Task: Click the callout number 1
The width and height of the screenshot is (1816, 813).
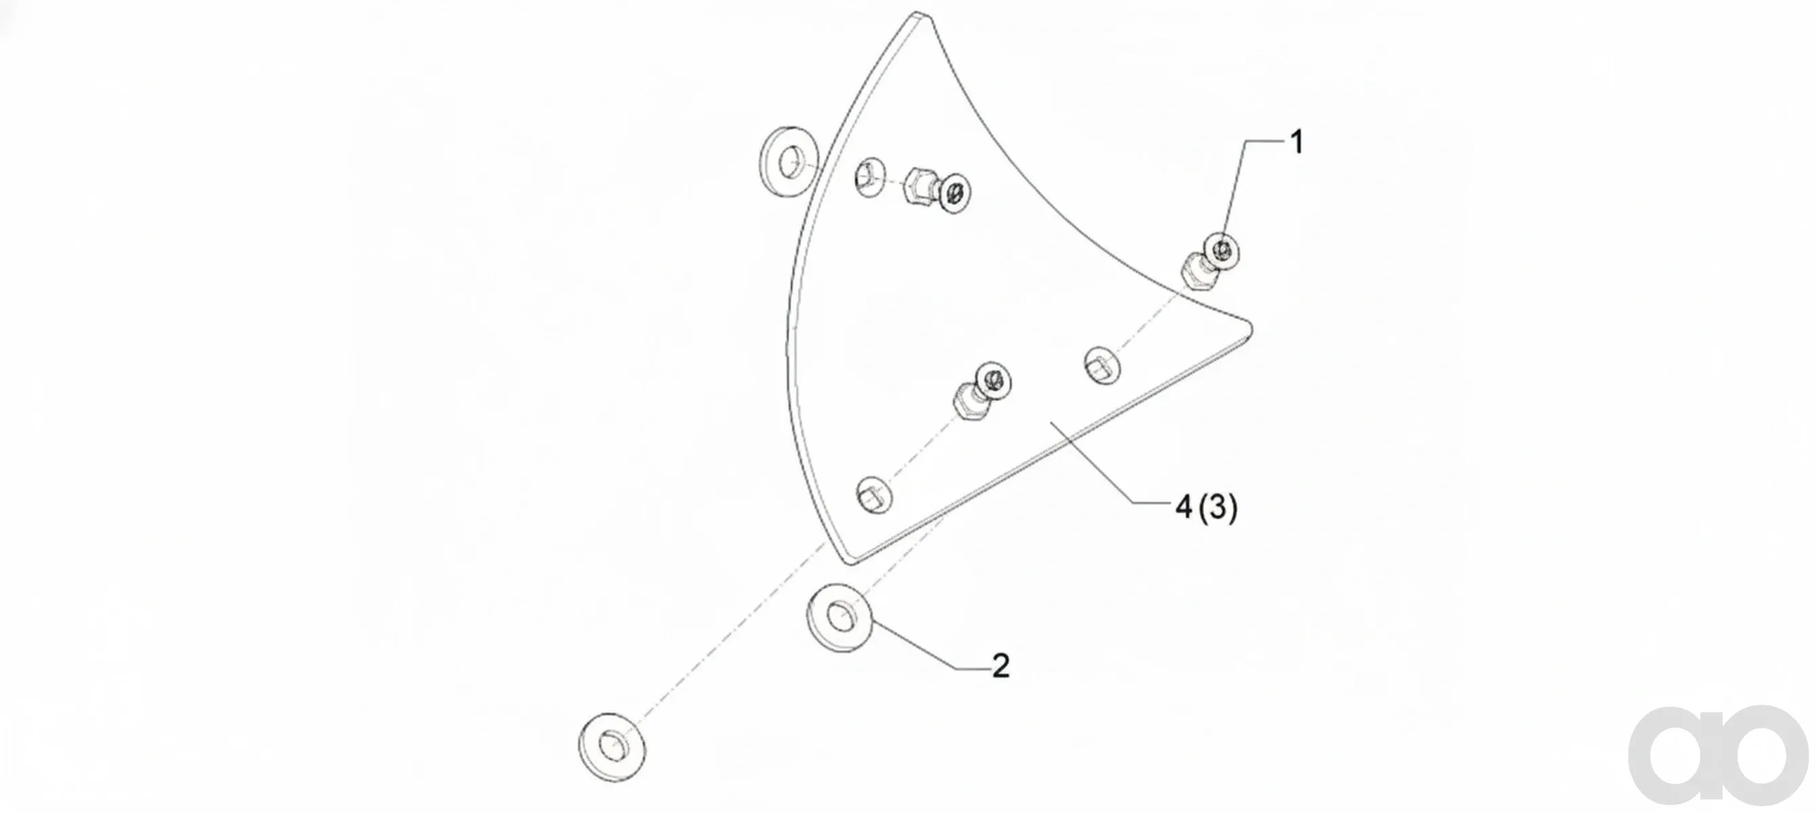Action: [1297, 142]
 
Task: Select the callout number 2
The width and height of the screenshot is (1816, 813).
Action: [1000, 665]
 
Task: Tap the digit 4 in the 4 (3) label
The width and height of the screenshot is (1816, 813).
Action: [1183, 507]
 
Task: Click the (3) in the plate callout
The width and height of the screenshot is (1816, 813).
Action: [1218, 507]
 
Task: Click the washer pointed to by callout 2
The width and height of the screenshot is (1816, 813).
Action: [839, 618]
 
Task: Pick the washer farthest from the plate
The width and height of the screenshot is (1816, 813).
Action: [611, 747]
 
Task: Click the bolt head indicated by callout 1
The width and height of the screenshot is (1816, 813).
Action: [1222, 249]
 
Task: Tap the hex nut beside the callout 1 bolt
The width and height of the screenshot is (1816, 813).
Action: [1198, 272]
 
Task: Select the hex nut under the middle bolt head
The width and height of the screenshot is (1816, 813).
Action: [967, 401]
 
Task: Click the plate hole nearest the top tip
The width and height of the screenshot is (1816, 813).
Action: [871, 177]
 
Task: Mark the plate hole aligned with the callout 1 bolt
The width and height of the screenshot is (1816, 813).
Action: [1102, 365]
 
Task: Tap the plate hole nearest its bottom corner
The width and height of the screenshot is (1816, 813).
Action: [874, 495]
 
